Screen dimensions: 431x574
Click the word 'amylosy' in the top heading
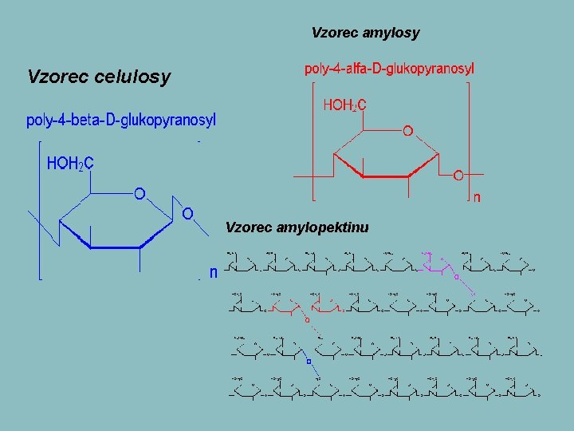click(391, 33)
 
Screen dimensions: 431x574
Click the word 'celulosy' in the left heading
click(132, 77)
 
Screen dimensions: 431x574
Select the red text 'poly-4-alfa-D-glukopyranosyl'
click(389, 69)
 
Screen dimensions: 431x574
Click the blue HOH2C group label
click(71, 164)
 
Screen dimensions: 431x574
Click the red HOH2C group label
click(344, 105)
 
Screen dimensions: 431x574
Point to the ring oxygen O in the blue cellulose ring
click(139, 193)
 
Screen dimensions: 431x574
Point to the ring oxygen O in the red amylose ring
click(407, 130)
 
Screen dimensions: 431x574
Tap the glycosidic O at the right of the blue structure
click(187, 214)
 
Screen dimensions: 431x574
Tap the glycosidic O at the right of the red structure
click(458, 174)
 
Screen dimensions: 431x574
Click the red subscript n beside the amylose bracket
click(477, 197)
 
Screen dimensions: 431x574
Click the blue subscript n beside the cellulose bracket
click(213, 272)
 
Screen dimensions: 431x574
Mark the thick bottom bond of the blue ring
click(115, 248)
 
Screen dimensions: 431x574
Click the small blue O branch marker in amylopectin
click(308, 359)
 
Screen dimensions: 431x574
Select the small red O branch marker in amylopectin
click(307, 319)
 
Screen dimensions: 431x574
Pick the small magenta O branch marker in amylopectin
click(455, 277)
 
